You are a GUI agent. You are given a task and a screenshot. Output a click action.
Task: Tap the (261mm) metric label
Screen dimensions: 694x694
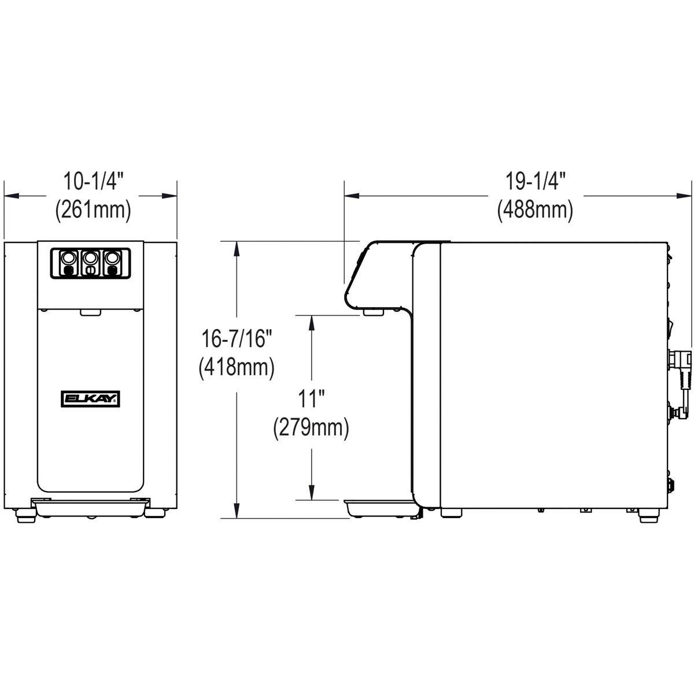(x=93, y=209)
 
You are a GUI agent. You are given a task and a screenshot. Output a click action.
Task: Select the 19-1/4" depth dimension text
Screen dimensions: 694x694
(x=535, y=182)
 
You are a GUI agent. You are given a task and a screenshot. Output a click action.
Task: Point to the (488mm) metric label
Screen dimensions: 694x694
(x=535, y=209)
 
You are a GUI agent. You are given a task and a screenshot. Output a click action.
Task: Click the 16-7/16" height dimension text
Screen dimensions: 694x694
(x=237, y=338)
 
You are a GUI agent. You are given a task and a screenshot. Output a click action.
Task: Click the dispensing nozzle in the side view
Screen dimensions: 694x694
(x=374, y=312)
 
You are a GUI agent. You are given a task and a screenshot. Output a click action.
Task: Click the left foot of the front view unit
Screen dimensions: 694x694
(x=25, y=514)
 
